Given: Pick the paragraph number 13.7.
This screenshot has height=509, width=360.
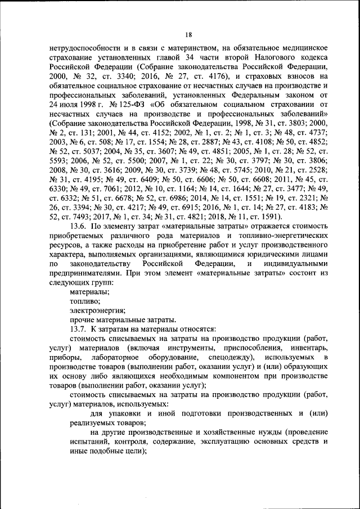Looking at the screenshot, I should click(x=78, y=328).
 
